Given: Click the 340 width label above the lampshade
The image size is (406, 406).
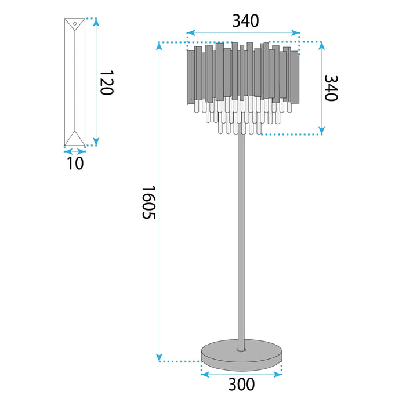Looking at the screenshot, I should pyautogui.click(x=245, y=21).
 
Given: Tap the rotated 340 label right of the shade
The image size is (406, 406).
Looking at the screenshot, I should pyautogui.click(x=330, y=88).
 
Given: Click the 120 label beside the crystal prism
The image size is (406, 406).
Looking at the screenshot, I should pyautogui.click(x=106, y=83).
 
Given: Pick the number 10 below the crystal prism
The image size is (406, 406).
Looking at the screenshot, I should pyautogui.click(x=75, y=164).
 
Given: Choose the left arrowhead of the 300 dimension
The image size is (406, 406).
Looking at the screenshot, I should pyautogui.click(x=203, y=374).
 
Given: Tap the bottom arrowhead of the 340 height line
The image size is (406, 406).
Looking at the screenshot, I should pyautogui.click(x=321, y=130).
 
